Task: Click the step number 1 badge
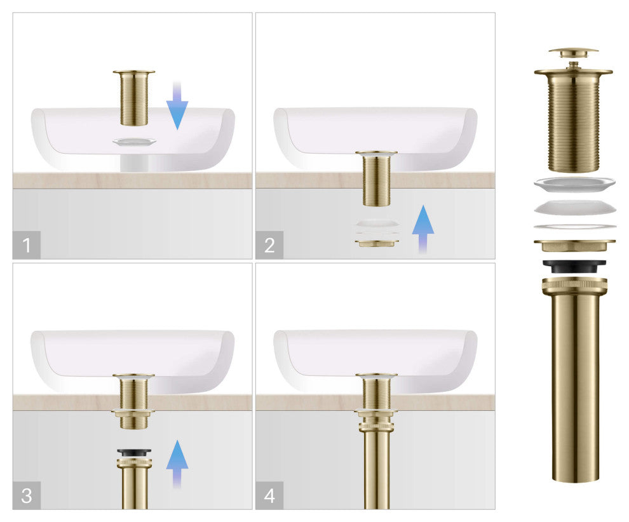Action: pos(27,245)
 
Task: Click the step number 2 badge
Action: pos(269,245)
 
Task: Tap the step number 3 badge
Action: pos(27,495)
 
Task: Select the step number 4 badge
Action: pos(269,495)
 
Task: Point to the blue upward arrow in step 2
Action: pos(423,230)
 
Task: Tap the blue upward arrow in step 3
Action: pos(177,464)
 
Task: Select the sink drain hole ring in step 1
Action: pos(133,141)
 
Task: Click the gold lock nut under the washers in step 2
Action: pos(376,243)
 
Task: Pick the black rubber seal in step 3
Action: pos(133,451)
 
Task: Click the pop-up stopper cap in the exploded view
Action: pos(573,52)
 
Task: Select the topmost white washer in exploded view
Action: pos(574,185)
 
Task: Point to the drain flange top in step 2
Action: pos(376,153)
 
